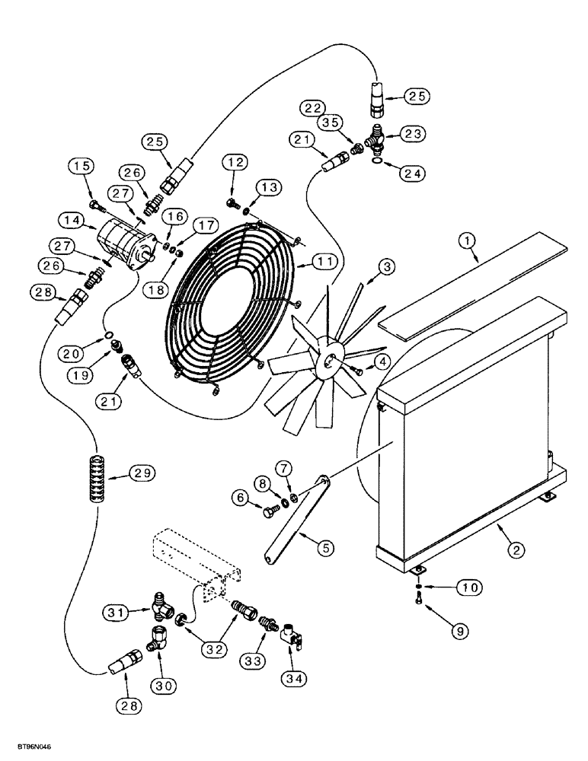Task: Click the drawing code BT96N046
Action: click(x=30, y=749)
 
